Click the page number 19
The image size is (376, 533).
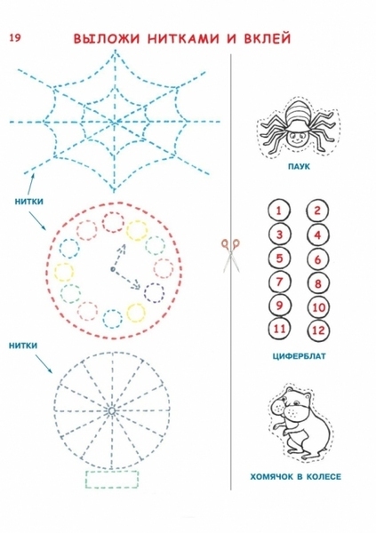15,37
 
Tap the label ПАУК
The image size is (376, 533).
299,167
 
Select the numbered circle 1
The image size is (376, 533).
279,211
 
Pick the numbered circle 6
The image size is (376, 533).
317,260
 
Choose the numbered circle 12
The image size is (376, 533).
318,330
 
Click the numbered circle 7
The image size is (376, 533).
279,282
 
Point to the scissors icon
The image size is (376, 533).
231,255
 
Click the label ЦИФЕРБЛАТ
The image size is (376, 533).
299,356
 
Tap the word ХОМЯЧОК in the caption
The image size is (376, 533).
272,476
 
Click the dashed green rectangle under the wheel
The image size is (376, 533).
112,480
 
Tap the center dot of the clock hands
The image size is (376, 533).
112,269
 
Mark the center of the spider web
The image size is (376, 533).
115,122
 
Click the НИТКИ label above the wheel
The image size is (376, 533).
23,346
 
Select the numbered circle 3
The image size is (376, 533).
279,235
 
